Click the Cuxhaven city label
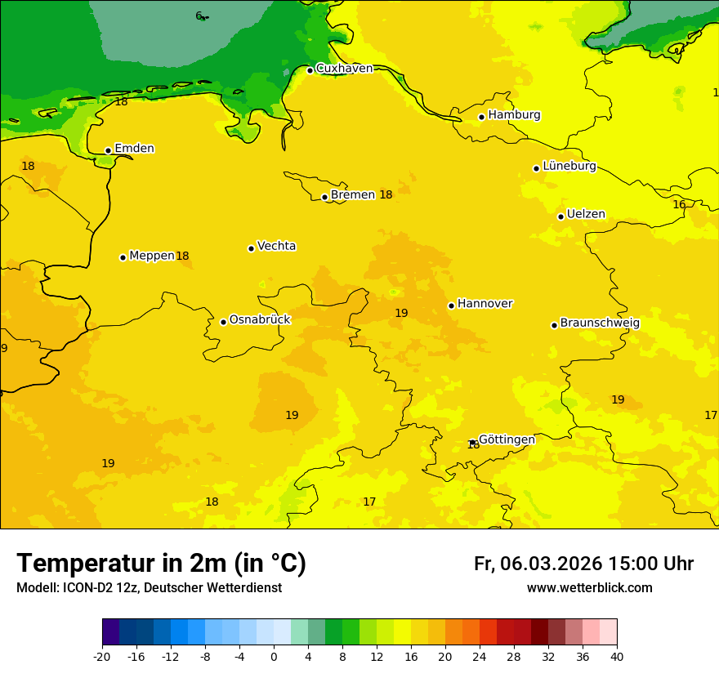point(344,69)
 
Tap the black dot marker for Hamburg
point(481,117)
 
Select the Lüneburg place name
point(569,166)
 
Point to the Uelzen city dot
point(560,216)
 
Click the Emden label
point(134,149)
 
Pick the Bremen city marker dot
point(324,197)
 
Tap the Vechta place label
point(276,246)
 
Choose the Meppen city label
point(152,256)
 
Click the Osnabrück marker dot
point(223,322)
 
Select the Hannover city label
point(485,304)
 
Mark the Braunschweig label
point(600,323)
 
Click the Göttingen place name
point(507,439)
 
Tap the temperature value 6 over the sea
point(198,16)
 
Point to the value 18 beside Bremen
point(386,194)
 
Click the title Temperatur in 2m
point(161,563)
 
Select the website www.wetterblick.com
point(589,588)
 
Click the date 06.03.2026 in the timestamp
point(552,564)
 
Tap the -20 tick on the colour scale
point(102,656)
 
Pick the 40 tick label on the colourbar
point(617,656)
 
